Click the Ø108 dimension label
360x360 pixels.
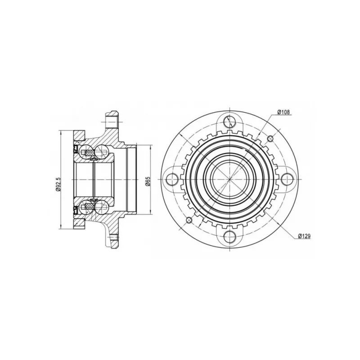tap(283, 112)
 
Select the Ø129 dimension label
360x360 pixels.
tap(304, 236)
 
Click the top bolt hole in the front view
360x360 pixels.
tap(229, 121)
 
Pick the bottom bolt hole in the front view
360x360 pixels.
tap(229, 237)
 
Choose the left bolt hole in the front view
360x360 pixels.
tap(172, 179)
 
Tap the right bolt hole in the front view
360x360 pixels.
tap(288, 179)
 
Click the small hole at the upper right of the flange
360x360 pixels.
tap(270, 139)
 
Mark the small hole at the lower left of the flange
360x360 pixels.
tap(189, 220)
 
